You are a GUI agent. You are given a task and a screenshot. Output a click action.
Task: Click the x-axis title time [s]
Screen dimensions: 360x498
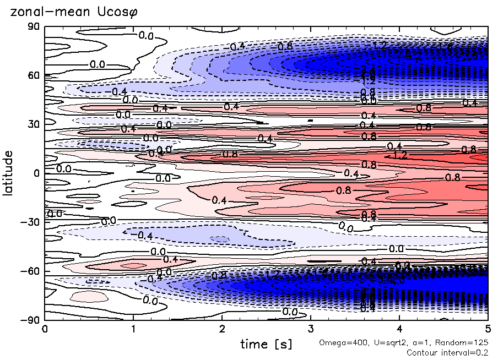click(266, 344)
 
